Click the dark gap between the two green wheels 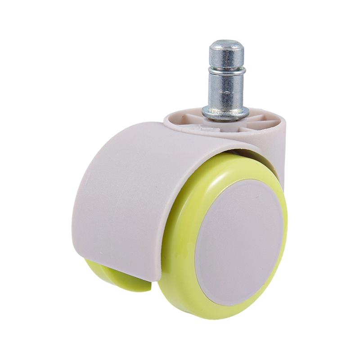[148, 288]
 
